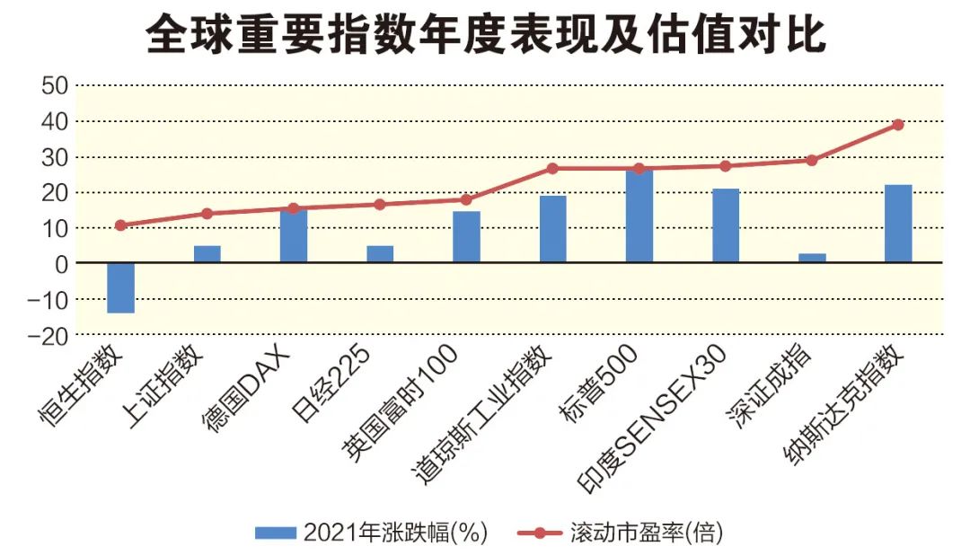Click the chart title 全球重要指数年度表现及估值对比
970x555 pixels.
[485, 35]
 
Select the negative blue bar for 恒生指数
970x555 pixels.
[120, 287]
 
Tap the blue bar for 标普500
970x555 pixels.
[639, 216]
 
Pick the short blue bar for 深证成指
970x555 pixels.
[812, 258]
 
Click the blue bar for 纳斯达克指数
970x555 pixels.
[898, 224]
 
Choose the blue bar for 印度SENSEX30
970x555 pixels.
[726, 225]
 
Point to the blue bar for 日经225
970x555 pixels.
[380, 254]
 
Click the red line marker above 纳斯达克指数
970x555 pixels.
[898, 125]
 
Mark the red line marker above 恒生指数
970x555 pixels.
[120, 225]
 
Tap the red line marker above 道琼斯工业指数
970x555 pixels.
[552, 168]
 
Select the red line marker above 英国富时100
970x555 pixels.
[466, 199]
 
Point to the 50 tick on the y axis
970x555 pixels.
[54, 86]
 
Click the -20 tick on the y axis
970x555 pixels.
[48, 335]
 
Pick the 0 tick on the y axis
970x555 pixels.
[61, 264]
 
